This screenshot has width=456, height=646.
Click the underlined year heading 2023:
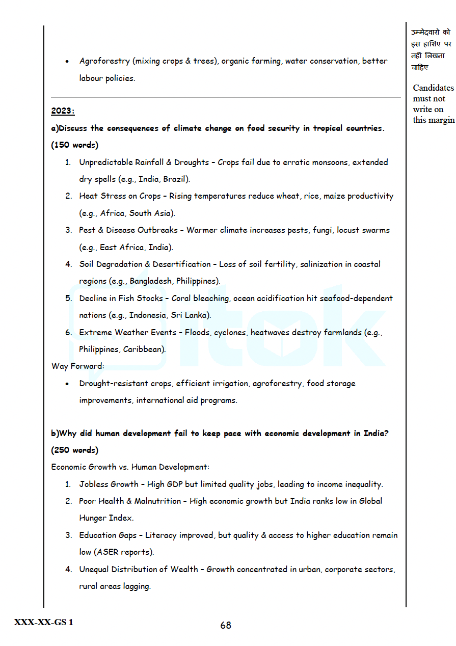point(63,111)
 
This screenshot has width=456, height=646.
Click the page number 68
point(226,625)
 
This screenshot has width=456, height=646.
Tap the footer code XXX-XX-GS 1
point(44,622)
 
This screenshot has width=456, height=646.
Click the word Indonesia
point(147,315)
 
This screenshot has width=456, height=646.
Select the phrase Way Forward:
point(77,366)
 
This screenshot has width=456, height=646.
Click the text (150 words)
point(75,145)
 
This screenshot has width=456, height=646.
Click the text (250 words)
point(75,450)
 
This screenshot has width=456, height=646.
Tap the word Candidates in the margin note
point(433,88)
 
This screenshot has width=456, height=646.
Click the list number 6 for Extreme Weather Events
point(68,333)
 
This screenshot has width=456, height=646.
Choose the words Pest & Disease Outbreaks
point(128,230)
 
